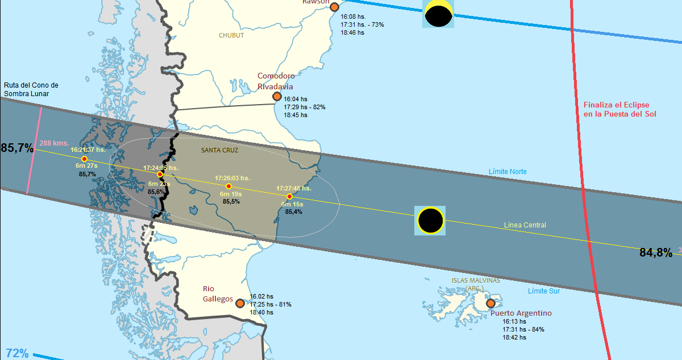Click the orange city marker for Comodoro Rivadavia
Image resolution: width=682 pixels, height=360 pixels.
click(277, 96)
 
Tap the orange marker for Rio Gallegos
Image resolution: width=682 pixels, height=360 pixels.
click(240, 303)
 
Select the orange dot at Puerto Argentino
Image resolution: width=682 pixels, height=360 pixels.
click(490, 303)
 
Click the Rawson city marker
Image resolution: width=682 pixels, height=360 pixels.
click(335, 7)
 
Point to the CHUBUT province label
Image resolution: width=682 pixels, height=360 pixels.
click(231, 35)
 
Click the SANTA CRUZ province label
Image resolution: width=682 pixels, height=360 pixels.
click(219, 150)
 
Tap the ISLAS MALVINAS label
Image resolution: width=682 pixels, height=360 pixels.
click(476, 280)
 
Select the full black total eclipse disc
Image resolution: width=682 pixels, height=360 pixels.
click(430, 220)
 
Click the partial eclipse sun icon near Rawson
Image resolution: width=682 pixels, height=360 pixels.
click(438, 14)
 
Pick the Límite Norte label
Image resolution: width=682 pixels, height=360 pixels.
click(508, 172)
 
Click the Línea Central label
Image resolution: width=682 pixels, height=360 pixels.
click(525, 225)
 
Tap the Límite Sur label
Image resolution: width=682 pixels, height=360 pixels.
click(543, 291)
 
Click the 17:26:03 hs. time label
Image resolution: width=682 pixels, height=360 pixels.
click(232, 178)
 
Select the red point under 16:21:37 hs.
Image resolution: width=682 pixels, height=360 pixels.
click(84, 159)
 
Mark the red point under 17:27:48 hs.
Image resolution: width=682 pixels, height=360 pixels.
click(290, 196)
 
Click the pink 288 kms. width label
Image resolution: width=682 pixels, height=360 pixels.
click(53, 143)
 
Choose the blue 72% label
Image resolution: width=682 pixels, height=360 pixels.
click(17, 353)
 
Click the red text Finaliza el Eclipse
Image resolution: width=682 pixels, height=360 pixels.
click(616, 105)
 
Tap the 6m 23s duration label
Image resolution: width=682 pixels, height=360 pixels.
click(159, 184)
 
